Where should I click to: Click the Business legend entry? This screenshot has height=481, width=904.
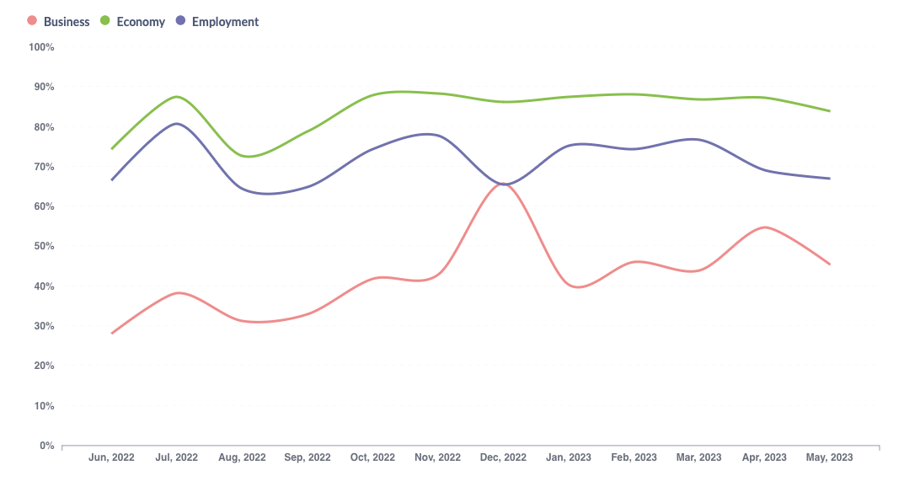[59, 22]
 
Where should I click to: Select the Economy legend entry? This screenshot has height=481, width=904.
[133, 22]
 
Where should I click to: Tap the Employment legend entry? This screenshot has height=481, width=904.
[217, 22]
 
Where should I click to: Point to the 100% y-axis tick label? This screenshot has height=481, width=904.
[41, 47]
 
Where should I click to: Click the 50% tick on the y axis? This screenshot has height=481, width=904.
[44, 246]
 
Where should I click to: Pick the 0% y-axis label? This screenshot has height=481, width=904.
[46, 446]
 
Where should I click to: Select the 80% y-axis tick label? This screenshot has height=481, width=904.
[44, 127]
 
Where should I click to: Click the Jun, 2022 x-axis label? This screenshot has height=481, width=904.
[111, 457]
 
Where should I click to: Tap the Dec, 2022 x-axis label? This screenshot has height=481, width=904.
[503, 457]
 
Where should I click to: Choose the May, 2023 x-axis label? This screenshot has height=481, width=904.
[830, 457]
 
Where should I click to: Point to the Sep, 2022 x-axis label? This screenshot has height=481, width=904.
[308, 457]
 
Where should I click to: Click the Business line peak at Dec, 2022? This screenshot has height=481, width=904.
[503, 183]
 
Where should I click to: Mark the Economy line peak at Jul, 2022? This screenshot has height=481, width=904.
[177, 97]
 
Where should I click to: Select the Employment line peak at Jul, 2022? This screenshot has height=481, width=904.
[177, 124]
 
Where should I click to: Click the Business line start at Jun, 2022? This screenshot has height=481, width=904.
[111, 334]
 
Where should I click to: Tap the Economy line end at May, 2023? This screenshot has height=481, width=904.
[830, 111]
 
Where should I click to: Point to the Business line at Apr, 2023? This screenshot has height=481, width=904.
[765, 227]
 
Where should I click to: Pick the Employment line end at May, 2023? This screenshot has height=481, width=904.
[830, 179]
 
